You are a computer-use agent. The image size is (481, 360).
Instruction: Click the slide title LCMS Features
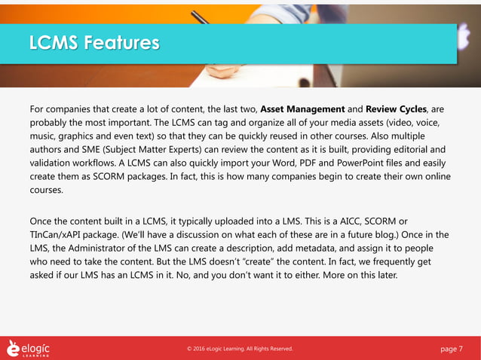coord(93,43)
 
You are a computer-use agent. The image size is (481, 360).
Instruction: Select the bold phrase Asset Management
coord(302,108)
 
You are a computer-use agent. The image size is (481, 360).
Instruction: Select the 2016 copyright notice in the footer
coord(240,349)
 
